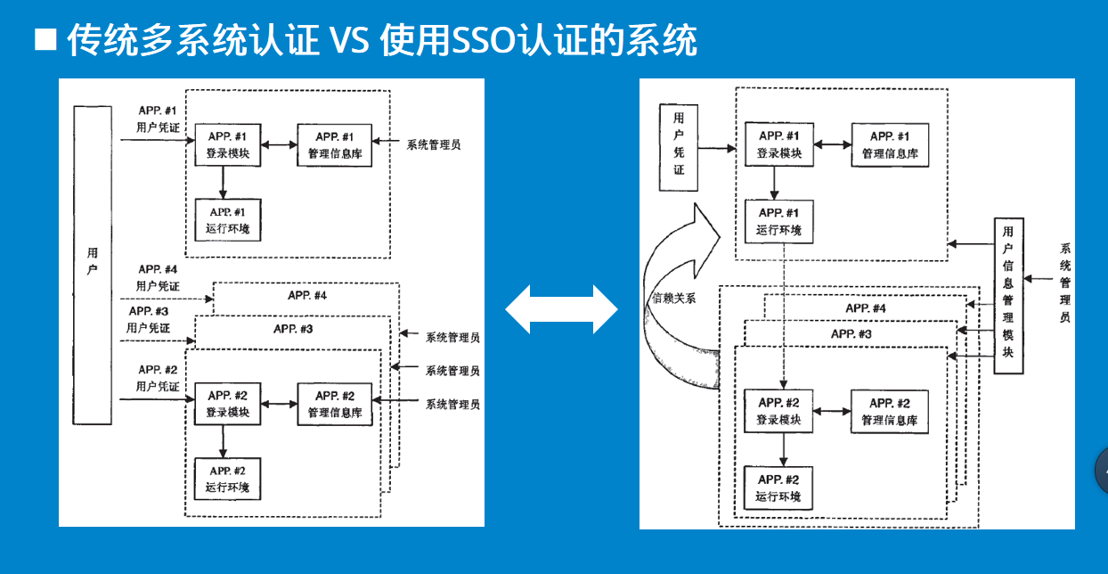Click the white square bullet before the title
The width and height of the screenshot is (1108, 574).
45,40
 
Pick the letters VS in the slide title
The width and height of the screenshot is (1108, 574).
348,40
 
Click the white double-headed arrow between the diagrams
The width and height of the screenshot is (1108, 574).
561,309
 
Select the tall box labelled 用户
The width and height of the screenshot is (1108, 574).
93,263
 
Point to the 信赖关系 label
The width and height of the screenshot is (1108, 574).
674,299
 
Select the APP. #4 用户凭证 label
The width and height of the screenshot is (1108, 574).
158,277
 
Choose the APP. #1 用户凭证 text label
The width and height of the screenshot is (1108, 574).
158,119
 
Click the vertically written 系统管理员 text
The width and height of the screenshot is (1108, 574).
1064,283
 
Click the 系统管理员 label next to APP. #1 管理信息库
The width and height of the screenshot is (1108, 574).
434,144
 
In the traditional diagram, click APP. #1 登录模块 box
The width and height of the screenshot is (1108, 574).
228,144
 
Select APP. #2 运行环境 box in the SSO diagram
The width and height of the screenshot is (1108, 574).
778,488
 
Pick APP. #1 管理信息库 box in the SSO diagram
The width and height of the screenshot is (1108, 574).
890,144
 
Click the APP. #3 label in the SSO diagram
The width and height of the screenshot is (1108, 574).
851,333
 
